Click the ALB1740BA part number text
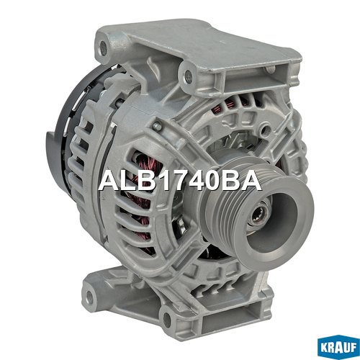[180, 181]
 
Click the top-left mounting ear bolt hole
[103, 45]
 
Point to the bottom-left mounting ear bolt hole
[90, 296]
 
